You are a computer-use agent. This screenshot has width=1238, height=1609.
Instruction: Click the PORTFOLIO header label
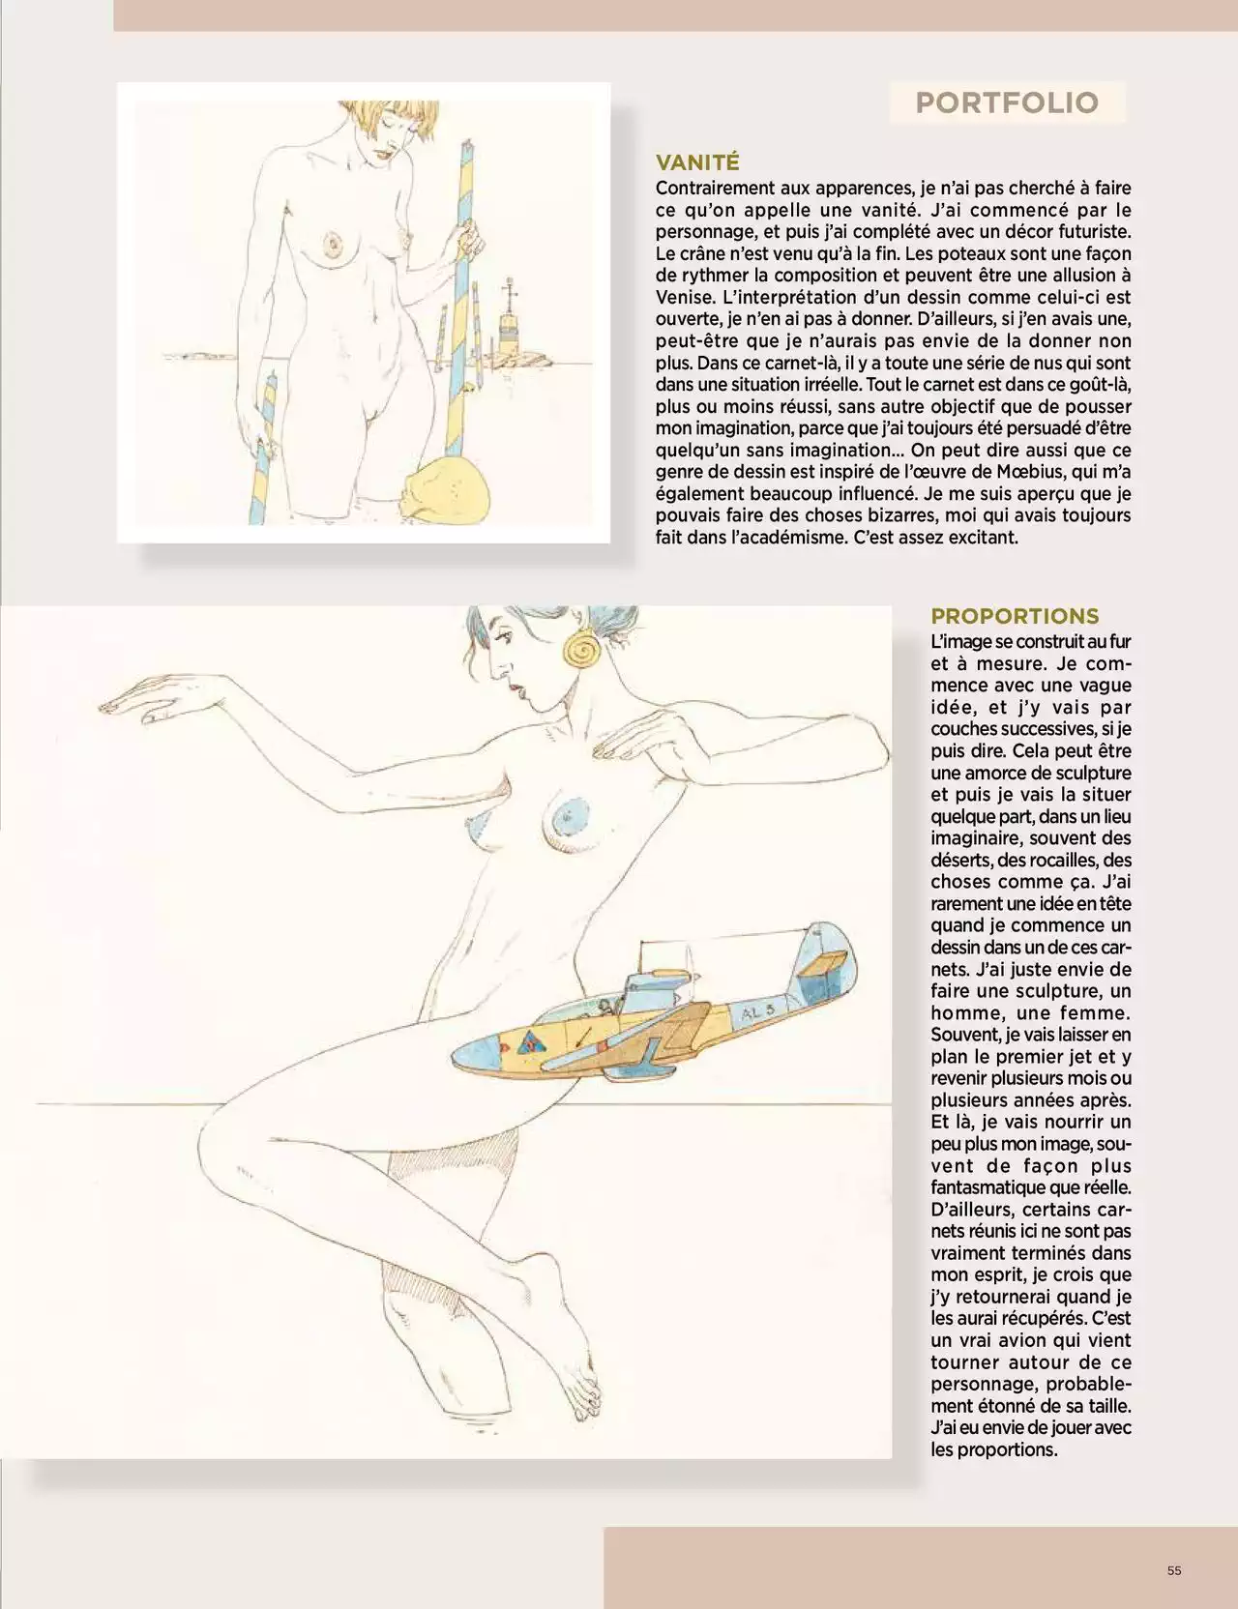pyautogui.click(x=1007, y=102)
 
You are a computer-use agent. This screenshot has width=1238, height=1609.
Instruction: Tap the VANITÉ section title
pyautogui.click(x=697, y=162)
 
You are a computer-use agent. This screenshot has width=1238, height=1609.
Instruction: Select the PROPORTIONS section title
pyautogui.click(x=1015, y=616)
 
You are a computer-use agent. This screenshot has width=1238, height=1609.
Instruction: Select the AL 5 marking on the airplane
pyautogui.click(x=759, y=1011)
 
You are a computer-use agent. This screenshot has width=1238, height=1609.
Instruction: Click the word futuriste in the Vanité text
pyautogui.click(x=1093, y=232)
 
